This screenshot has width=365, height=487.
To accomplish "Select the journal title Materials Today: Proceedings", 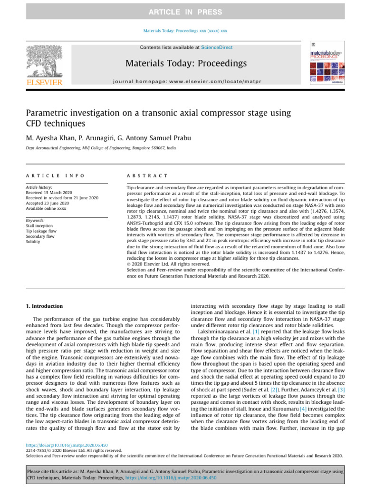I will (185, 63).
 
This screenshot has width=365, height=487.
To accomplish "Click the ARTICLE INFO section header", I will (55, 176).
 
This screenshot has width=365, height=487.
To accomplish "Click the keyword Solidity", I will (33, 242).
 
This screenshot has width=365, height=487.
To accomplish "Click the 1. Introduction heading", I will (43, 306).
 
